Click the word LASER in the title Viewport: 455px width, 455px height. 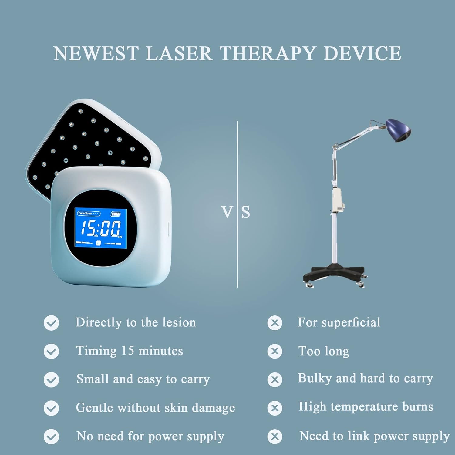[179, 54]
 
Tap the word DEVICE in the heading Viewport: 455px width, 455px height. [362, 54]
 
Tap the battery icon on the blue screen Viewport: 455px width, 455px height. [116, 214]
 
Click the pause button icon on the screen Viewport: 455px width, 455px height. [98, 243]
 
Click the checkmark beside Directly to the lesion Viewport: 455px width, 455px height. [51, 323]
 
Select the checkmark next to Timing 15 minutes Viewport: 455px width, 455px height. [51, 351]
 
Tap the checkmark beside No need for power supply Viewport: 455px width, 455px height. [51, 436]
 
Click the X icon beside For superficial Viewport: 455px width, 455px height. [275, 323]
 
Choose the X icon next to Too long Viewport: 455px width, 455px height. [275, 351]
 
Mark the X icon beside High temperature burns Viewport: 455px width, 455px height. [275, 408]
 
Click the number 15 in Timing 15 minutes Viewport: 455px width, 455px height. [127, 351]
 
